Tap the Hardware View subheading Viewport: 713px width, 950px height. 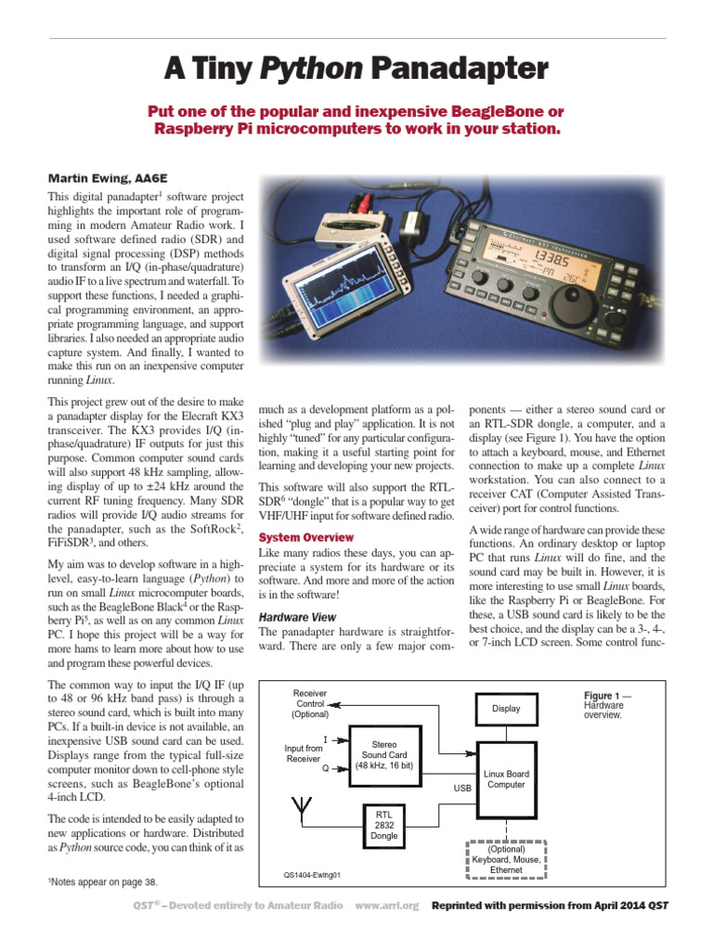point(296,617)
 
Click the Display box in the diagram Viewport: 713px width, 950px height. point(505,708)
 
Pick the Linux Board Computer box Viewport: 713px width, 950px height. point(506,778)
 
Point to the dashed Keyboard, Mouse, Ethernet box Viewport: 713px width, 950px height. point(506,859)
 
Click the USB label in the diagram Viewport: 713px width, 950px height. point(462,788)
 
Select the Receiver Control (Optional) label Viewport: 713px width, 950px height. point(309,704)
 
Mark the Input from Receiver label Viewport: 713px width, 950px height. point(304,754)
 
